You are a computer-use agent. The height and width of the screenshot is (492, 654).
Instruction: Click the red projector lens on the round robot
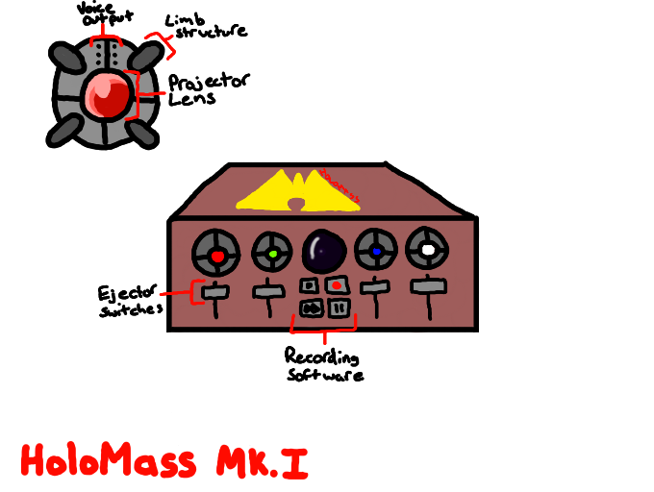(106, 94)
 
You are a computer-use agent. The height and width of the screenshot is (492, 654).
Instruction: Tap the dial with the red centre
(216, 255)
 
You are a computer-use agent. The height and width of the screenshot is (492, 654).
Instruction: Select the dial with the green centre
(272, 254)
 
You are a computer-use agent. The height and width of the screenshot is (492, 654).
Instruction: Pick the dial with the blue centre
(376, 252)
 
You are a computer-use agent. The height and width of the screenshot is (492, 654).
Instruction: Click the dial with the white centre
(427, 250)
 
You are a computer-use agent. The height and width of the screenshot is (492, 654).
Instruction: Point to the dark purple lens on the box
(324, 252)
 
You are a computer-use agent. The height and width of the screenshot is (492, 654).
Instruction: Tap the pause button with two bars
(337, 307)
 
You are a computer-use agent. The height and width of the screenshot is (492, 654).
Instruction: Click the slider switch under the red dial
(216, 291)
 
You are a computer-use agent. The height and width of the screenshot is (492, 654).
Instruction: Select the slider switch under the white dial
(428, 285)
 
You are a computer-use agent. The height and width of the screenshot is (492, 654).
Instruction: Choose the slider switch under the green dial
(266, 290)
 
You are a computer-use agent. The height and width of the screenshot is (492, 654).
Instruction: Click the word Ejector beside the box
(127, 291)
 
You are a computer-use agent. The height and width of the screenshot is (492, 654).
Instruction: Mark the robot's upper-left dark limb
(67, 60)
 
